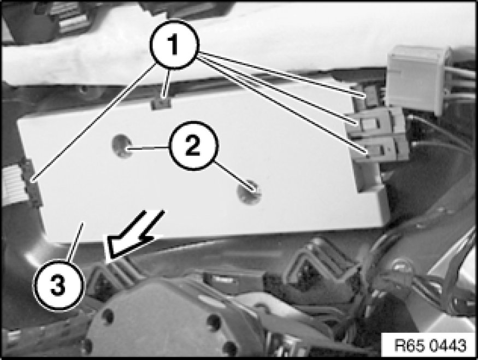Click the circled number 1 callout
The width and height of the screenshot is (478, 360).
174,45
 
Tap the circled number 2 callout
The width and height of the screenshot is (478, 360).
194,145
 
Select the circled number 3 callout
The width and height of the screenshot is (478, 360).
58,286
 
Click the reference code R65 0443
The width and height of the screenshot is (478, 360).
430,345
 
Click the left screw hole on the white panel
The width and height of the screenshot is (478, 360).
122,146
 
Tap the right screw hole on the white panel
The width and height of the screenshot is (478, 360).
249,192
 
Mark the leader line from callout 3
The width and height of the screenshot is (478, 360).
75,241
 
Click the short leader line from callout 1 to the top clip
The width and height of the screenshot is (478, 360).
166,84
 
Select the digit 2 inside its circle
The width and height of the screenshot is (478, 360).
193,146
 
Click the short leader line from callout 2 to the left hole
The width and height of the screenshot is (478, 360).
149,149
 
